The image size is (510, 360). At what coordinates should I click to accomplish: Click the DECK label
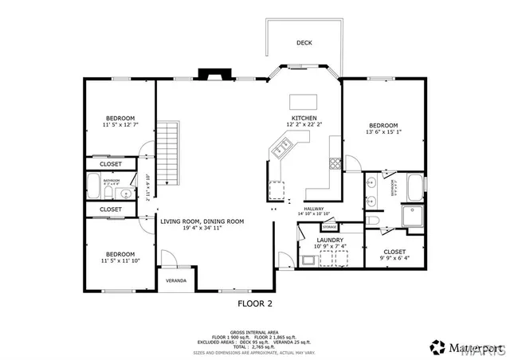304,43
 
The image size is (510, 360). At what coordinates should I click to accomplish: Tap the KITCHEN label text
304,117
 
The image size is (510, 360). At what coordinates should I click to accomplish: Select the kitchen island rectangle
302,101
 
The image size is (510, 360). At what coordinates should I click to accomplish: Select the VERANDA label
176,281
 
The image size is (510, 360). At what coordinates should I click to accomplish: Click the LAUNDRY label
330,240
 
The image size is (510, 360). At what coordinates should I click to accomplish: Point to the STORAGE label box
329,228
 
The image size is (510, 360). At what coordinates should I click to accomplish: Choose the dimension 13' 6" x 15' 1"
383,133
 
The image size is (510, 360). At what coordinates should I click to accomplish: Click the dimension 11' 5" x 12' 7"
120,125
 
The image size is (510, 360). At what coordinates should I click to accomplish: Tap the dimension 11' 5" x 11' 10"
120,260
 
